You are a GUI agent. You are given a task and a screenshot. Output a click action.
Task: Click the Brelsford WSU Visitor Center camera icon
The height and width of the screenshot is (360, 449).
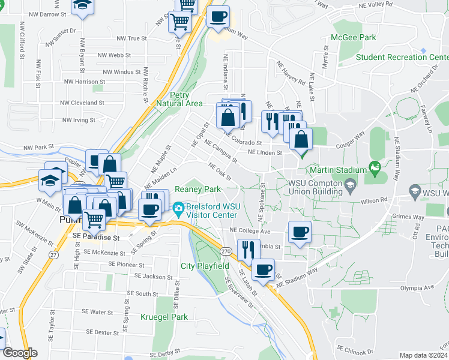(178, 209)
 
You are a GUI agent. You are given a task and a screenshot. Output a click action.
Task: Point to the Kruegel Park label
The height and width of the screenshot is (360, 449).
(164, 317)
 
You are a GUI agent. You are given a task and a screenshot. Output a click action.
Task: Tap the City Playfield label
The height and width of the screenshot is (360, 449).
(205, 265)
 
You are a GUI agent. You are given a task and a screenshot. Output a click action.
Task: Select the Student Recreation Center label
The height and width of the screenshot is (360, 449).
(402, 58)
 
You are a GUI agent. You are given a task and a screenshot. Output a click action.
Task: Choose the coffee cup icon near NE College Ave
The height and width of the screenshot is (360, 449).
(300, 232)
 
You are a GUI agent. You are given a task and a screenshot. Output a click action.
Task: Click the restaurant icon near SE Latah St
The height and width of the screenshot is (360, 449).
(249, 248)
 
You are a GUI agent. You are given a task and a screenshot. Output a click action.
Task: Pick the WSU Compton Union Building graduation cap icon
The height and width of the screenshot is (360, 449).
(349, 186)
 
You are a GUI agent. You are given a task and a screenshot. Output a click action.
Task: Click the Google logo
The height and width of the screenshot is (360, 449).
(19, 353)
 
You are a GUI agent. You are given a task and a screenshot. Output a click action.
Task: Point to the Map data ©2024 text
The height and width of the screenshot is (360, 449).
(423, 355)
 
